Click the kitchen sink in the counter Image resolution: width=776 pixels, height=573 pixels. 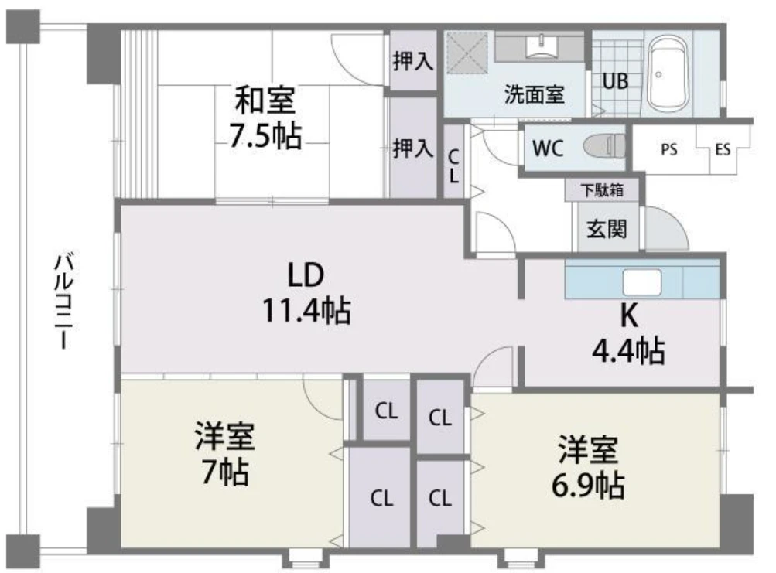(x=642, y=282)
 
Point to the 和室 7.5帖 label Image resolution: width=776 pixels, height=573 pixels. (x=265, y=118)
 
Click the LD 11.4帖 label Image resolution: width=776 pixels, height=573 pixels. (x=306, y=293)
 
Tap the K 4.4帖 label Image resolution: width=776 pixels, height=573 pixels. (x=628, y=333)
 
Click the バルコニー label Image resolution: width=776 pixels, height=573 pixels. (x=64, y=302)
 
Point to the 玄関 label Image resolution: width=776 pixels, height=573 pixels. (x=607, y=229)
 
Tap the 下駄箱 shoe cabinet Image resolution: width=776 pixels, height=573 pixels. (x=602, y=189)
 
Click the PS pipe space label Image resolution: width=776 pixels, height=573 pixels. (x=669, y=149)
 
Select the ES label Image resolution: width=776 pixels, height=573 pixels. (x=723, y=149)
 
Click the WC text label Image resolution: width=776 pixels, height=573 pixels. (x=548, y=148)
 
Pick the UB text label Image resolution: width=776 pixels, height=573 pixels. (x=615, y=80)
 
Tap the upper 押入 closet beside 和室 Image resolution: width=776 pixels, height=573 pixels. (x=412, y=60)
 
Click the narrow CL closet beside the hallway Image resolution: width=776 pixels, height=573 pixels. (x=453, y=161)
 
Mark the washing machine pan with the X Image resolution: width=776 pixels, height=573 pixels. (x=467, y=50)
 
